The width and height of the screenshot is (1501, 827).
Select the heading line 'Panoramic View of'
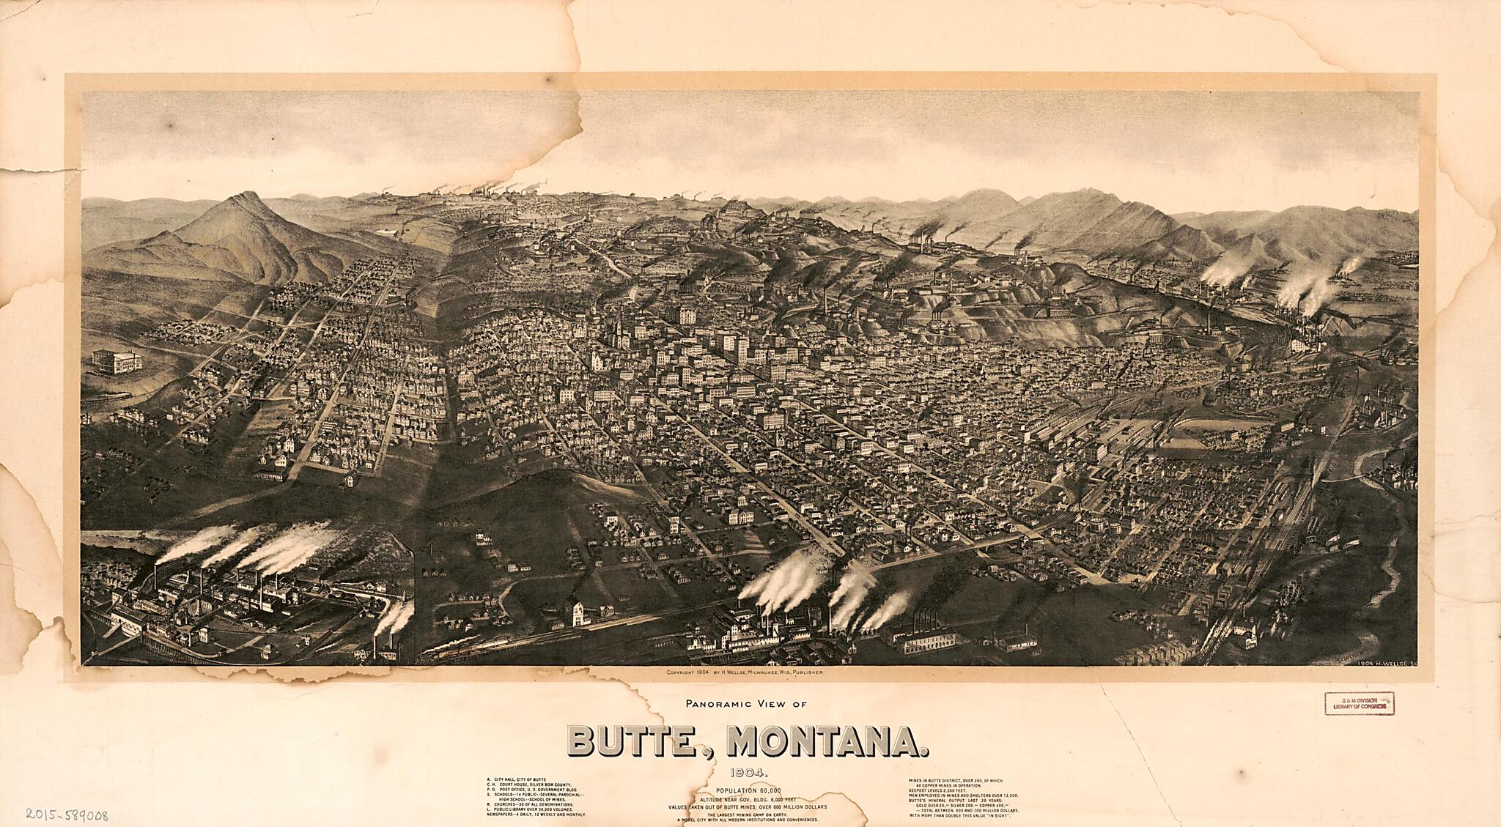click(745, 704)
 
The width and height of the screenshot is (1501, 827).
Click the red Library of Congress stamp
click(1359, 703)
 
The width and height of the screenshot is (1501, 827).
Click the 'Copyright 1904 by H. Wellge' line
click(745, 672)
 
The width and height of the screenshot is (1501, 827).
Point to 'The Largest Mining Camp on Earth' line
click(748, 815)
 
